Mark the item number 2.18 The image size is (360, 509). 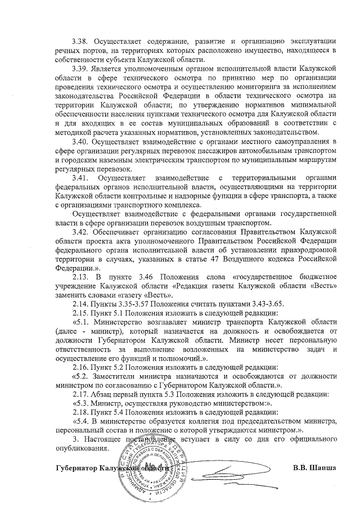tap(81, 412)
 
